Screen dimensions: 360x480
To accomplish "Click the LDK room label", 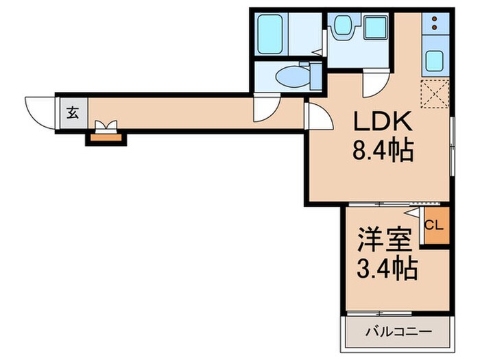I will coord(383,122).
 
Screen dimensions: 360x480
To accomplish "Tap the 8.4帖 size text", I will coord(383,150).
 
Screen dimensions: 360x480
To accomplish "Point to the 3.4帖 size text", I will coord(386,269).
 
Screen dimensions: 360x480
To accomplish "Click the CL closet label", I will coord(434,224).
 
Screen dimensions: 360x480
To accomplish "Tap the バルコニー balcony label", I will coord(398,331).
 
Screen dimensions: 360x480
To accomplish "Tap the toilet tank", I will coord(315,75).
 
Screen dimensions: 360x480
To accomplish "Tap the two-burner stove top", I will coord(435,25).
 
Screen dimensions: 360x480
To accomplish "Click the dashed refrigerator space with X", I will coord(435,94).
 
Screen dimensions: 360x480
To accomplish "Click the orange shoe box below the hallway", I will coord(106,138).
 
